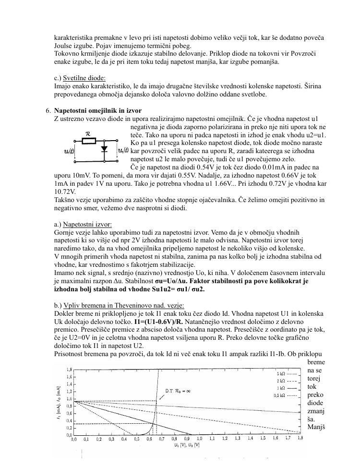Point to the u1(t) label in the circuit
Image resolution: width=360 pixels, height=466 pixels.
69,151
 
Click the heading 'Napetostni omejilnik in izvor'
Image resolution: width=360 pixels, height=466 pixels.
97,110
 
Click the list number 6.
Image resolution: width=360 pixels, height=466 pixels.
48,110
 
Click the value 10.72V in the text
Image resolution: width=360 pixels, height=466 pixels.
65,192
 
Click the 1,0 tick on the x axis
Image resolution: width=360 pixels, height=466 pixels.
199,439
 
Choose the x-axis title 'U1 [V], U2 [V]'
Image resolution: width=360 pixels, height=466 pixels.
187,446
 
